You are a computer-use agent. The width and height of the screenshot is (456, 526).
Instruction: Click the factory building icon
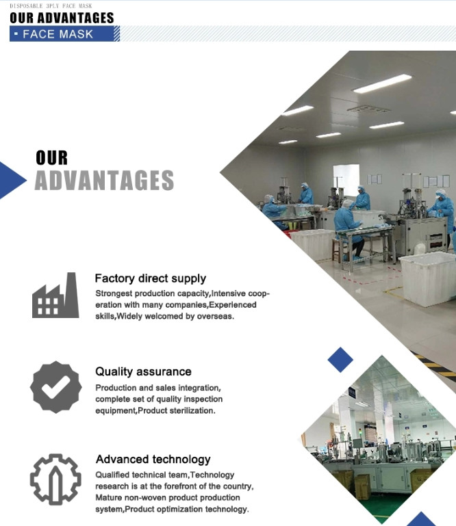point(55,295)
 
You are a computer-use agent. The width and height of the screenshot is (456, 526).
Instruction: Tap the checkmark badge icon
point(55,386)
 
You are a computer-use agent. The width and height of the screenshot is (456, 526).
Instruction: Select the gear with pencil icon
point(55,479)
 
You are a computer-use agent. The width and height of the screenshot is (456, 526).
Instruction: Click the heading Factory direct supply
point(151,278)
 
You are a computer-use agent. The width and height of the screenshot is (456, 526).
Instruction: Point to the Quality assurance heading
point(143,371)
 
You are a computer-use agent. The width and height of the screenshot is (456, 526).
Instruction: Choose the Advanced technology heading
point(153,459)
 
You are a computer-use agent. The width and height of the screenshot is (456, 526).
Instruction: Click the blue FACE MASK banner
point(64,34)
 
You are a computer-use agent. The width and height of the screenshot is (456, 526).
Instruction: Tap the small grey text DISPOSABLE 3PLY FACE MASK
point(51,5)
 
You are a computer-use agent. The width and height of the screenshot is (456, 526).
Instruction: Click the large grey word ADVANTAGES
point(104,180)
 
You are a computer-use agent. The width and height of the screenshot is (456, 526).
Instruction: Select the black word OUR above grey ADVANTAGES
point(52,158)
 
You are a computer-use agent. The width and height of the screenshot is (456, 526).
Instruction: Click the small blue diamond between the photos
point(340,360)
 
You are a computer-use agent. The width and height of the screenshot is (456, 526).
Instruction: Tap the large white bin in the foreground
point(427,278)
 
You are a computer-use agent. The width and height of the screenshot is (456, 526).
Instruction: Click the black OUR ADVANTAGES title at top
point(62,18)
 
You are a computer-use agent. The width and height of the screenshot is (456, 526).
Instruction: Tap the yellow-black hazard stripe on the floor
point(433,365)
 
